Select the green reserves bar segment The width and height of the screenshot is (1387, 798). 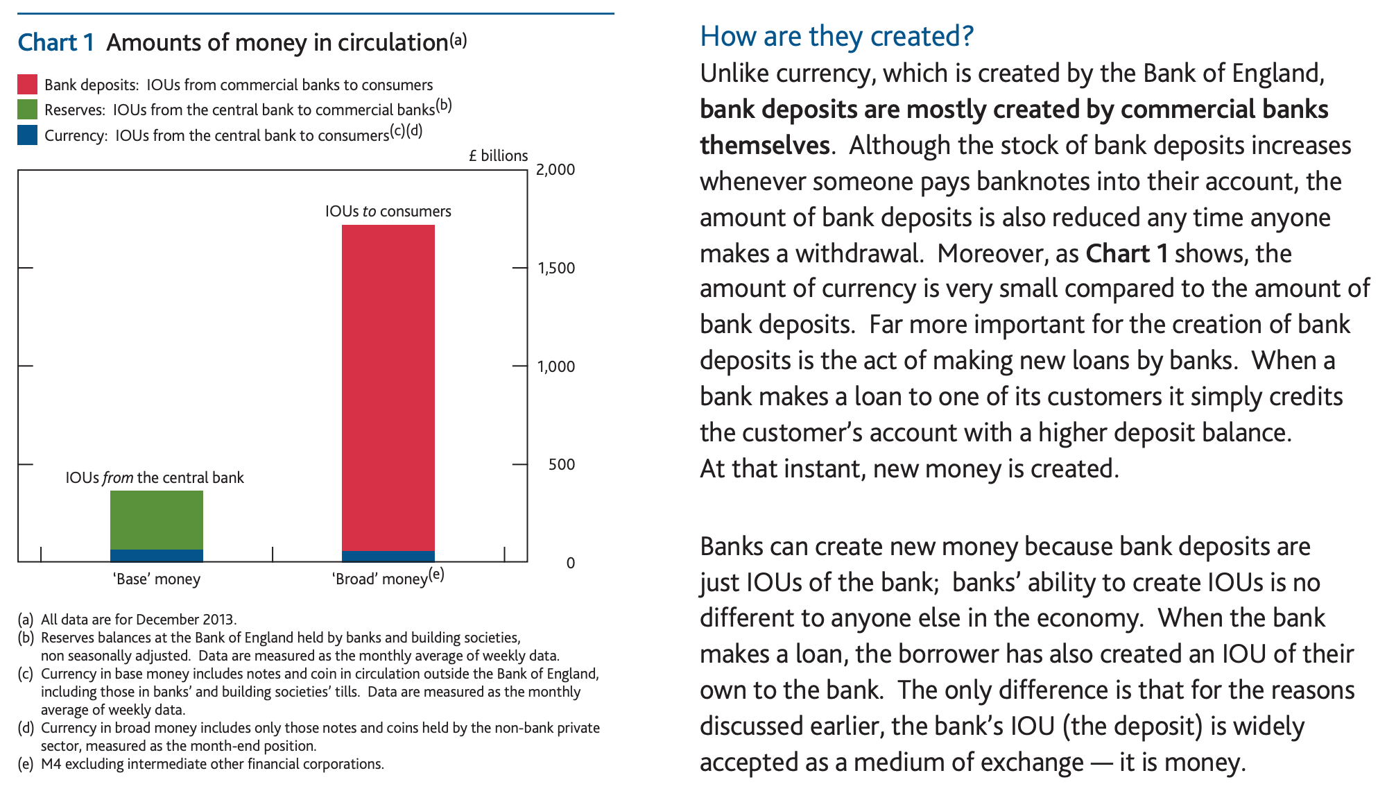(x=156, y=520)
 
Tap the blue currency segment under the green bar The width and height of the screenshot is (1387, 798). (x=156, y=555)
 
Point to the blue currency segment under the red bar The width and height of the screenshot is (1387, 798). (x=388, y=556)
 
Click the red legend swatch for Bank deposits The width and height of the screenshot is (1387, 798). (x=27, y=85)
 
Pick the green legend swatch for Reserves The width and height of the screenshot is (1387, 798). (x=27, y=110)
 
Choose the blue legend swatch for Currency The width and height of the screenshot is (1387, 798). (x=27, y=135)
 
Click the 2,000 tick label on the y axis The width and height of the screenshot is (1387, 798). (x=555, y=170)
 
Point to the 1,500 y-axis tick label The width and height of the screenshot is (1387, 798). (x=555, y=268)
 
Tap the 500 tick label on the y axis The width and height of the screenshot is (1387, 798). (x=561, y=464)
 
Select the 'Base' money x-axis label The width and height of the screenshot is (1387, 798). (x=157, y=579)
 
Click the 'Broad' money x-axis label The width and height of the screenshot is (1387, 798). (x=380, y=579)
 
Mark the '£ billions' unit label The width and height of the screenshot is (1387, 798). (x=498, y=155)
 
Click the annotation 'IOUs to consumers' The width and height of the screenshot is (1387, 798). (x=388, y=211)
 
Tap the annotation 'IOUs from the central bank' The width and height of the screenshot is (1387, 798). (x=155, y=477)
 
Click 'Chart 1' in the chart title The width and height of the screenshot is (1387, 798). (x=55, y=42)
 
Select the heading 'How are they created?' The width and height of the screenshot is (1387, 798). (x=836, y=36)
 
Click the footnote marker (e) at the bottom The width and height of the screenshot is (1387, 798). (x=26, y=764)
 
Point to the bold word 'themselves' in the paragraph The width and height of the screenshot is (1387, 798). (x=764, y=146)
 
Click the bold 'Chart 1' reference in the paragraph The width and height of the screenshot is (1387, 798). (x=1126, y=253)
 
